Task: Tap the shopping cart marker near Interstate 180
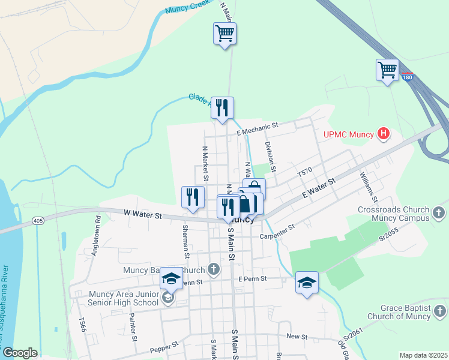(x=387, y=70)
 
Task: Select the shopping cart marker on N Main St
(x=224, y=34)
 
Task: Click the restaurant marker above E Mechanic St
(x=222, y=108)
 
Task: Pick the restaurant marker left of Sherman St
(x=193, y=197)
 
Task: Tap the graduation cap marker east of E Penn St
(x=307, y=283)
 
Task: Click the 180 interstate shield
(x=408, y=77)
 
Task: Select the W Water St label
(x=143, y=214)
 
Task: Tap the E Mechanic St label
(x=258, y=126)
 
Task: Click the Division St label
(x=270, y=157)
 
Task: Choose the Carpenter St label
(x=277, y=232)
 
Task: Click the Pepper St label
(x=164, y=346)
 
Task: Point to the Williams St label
(x=367, y=187)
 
